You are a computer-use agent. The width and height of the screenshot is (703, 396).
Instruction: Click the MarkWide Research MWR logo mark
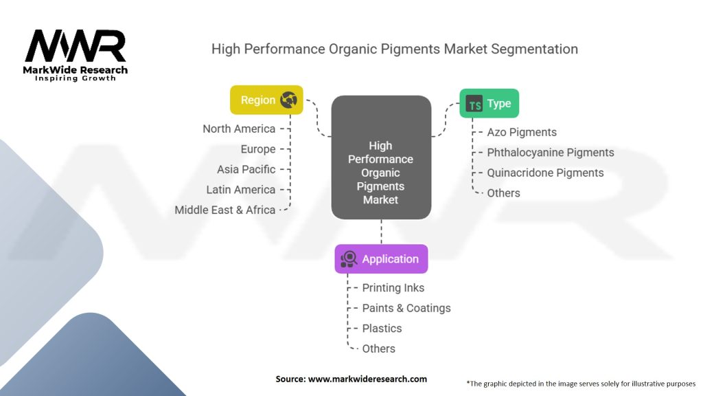[x=76, y=47]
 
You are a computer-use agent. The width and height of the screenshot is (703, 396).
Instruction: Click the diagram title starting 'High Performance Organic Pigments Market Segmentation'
[x=394, y=49]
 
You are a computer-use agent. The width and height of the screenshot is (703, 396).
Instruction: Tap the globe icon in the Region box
[x=289, y=100]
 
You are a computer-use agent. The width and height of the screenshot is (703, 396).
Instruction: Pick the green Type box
[x=489, y=104]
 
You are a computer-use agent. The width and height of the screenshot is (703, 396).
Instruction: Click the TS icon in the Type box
[x=474, y=104]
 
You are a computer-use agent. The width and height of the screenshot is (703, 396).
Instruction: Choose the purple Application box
[x=381, y=259]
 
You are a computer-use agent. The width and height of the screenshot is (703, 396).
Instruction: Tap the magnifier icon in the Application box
[x=349, y=259]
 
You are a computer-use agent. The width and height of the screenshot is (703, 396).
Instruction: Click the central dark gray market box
[x=381, y=157]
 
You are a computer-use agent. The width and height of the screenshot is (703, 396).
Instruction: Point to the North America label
[x=239, y=129]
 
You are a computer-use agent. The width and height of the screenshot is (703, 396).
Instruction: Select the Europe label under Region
[x=258, y=149]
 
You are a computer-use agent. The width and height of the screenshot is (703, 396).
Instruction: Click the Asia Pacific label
[x=246, y=169]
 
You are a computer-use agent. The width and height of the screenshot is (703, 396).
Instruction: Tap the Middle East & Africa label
[x=225, y=210]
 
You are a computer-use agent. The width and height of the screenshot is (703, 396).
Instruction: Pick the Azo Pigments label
[x=522, y=132]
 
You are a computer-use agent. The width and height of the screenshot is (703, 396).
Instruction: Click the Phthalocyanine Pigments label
[x=551, y=153]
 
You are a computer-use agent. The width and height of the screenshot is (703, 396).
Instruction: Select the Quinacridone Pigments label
[x=545, y=173]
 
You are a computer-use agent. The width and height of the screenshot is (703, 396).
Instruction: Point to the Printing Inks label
[x=393, y=288]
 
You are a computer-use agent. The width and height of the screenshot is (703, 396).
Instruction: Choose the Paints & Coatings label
[x=406, y=308]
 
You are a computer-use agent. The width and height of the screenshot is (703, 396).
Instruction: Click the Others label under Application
[x=379, y=349]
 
